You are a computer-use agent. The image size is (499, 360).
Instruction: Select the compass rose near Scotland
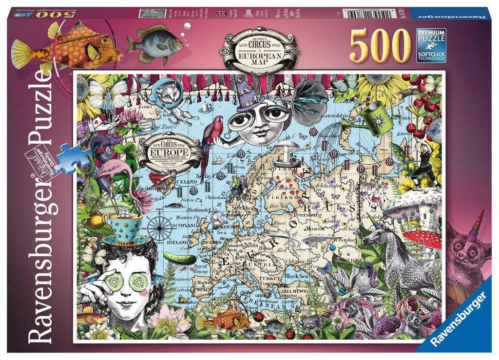(159, 227)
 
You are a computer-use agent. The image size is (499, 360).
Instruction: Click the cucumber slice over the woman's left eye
(139, 281)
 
